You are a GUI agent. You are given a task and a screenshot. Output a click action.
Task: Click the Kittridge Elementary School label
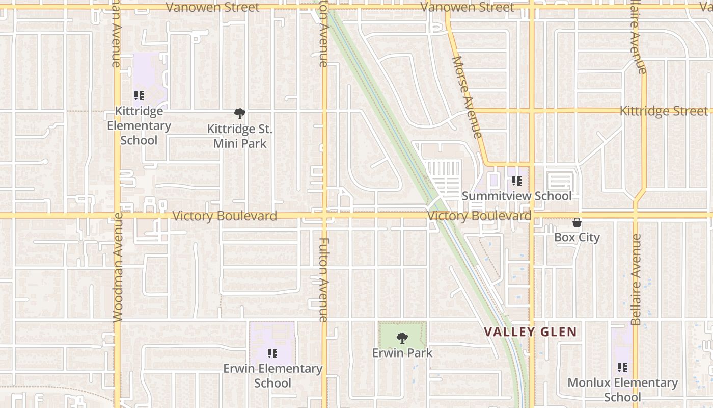[x=139, y=125]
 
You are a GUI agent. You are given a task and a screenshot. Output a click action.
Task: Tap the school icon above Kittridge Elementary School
[x=139, y=96]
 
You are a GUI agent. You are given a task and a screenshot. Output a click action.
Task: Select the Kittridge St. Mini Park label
[x=240, y=136]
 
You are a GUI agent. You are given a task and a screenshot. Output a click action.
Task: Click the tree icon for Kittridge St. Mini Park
[x=240, y=113]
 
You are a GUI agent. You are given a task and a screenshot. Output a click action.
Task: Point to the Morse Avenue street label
[x=467, y=97]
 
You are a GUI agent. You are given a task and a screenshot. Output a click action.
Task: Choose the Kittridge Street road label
[x=663, y=111]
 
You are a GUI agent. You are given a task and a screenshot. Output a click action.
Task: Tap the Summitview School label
[x=516, y=196]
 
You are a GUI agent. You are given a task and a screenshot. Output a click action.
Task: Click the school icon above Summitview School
[x=517, y=181]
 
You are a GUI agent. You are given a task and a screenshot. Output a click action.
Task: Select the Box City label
[x=577, y=237]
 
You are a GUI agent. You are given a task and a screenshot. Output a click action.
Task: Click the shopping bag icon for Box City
[x=577, y=222]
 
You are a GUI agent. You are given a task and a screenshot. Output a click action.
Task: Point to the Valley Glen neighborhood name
[x=530, y=332]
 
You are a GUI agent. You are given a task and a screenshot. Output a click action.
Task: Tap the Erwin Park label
[x=402, y=352]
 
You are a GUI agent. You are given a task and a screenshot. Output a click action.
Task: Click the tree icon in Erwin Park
[x=402, y=338]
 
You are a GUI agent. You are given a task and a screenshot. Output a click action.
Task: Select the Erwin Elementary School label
[x=272, y=375]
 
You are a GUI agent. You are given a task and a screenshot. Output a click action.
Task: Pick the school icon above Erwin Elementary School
[x=272, y=353]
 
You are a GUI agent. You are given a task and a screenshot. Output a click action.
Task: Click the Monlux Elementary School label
[x=622, y=390]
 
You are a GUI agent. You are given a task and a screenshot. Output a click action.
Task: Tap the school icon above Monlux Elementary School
[x=622, y=367]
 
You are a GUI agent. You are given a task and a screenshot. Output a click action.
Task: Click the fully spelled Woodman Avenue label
[x=118, y=267]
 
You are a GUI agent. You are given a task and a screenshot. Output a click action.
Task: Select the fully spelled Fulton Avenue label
[x=324, y=279]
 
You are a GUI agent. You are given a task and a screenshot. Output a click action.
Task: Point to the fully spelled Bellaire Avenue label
[x=636, y=279]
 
